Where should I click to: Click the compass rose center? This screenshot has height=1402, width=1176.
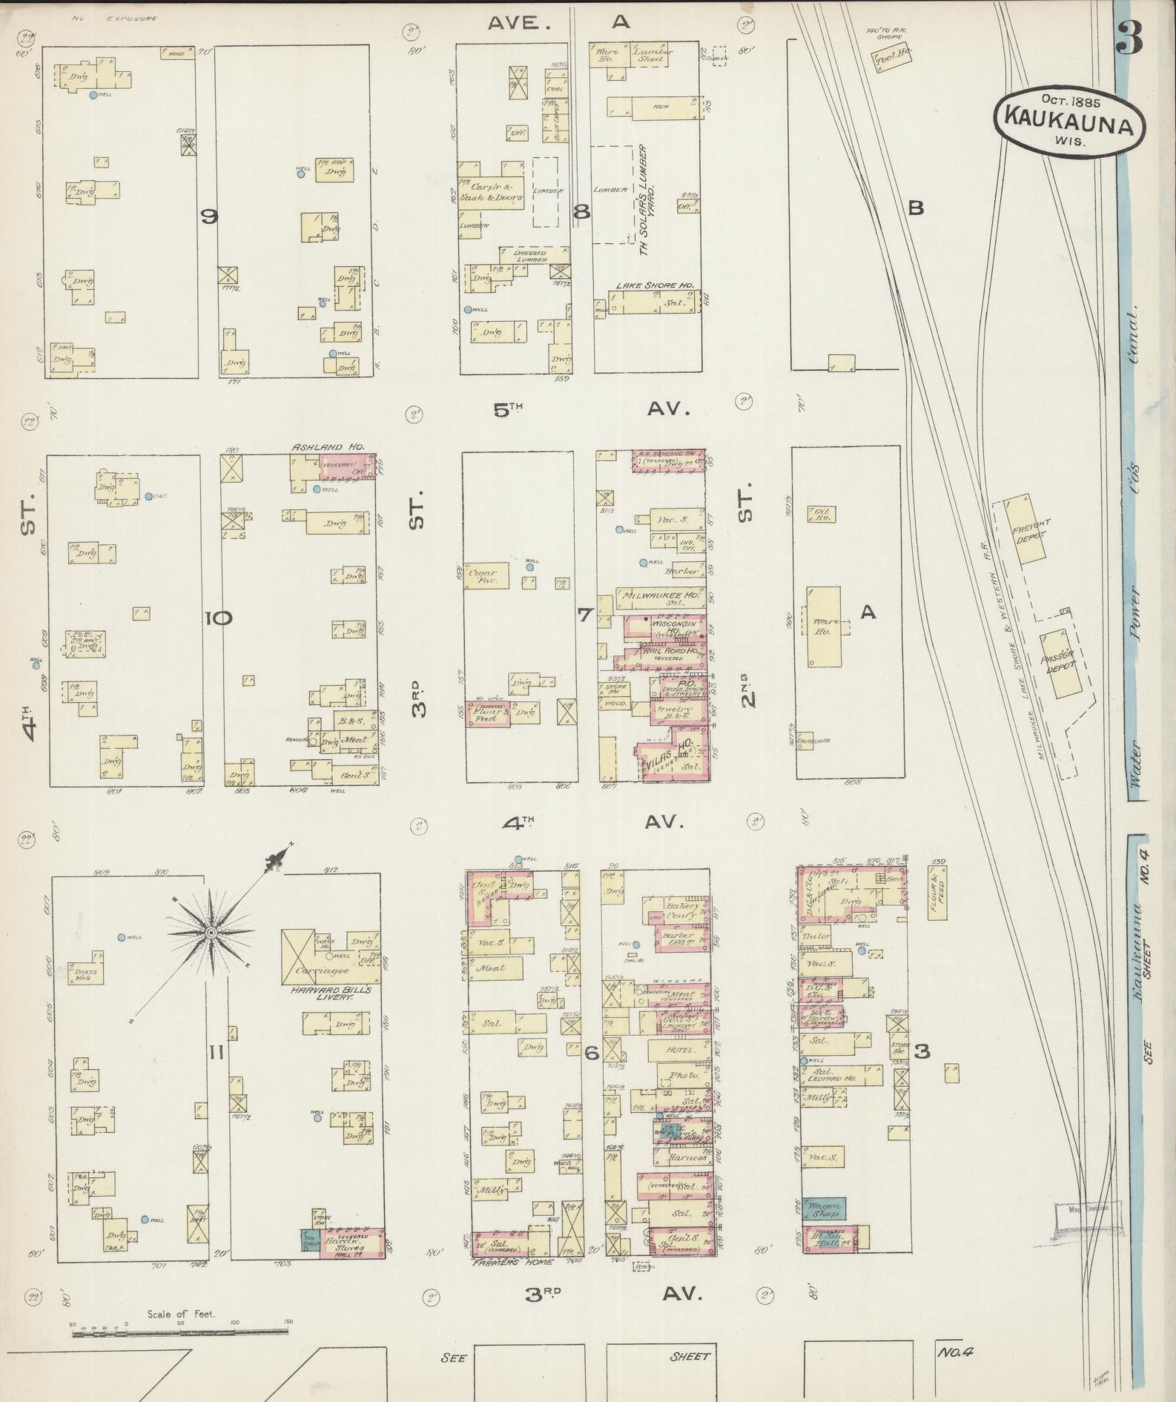(x=211, y=931)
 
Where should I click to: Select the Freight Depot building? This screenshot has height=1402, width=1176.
(x=1029, y=529)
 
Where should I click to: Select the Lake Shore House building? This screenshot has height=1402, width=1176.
(x=653, y=302)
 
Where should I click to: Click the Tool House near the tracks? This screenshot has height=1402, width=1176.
(x=891, y=57)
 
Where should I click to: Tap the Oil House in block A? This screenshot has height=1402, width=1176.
(x=824, y=515)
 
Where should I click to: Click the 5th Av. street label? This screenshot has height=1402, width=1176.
(x=589, y=409)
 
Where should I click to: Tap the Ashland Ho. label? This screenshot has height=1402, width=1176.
(x=328, y=448)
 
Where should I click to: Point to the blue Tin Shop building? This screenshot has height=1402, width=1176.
(x=310, y=1241)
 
